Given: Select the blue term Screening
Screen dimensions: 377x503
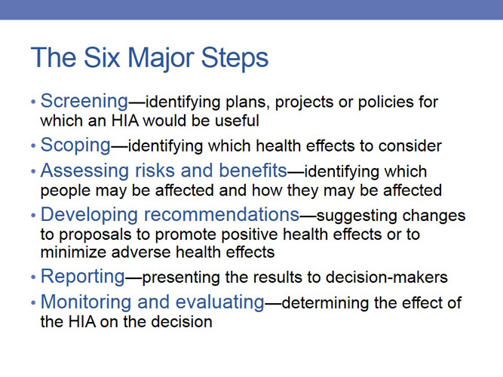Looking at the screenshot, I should [x=84, y=101].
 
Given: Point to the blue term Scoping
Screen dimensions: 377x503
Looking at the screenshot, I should [x=76, y=145].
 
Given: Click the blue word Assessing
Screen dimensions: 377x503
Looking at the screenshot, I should [x=79, y=171].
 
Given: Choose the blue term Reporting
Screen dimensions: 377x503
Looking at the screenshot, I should [x=82, y=277].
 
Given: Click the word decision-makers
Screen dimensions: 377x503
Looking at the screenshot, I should [x=392, y=277].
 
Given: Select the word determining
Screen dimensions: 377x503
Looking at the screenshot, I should [x=324, y=303].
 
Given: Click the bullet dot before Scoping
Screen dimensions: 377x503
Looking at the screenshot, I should [x=32, y=146].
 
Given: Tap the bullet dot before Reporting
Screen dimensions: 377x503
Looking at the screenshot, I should [x=32, y=277].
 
